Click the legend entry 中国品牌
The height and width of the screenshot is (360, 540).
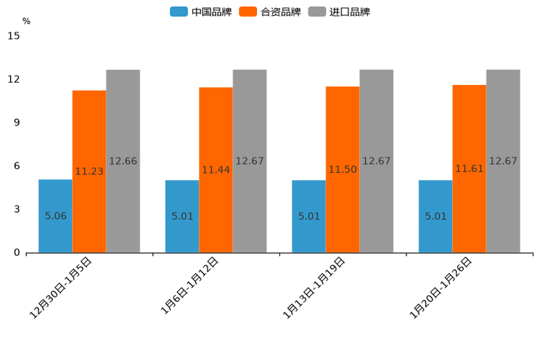click(201, 12)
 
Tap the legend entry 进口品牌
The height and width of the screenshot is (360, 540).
click(339, 12)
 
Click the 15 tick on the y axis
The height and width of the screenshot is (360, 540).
click(15, 36)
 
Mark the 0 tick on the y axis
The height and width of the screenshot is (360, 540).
click(17, 253)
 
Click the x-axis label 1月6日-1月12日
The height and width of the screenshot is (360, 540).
click(189, 287)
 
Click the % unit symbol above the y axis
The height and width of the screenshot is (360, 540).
click(26, 21)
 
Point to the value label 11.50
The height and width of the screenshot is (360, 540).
click(343, 169)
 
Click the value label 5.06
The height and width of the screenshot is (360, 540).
click(56, 216)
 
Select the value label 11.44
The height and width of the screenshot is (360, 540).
click(216, 170)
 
